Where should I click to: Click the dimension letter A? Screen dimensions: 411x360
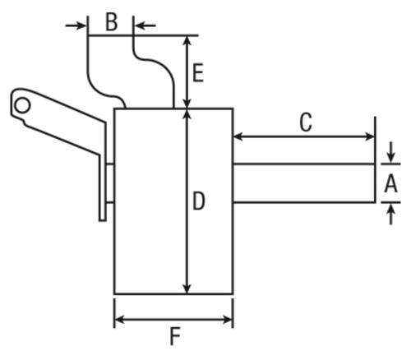click(x=390, y=183)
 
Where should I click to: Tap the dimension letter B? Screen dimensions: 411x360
click(x=112, y=22)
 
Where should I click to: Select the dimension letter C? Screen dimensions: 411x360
click(x=306, y=122)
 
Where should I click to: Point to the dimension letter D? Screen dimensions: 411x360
click(x=199, y=201)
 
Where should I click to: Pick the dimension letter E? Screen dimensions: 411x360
click(x=198, y=72)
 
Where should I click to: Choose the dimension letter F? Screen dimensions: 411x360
click(x=175, y=337)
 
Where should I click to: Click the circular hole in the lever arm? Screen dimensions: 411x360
click(x=22, y=105)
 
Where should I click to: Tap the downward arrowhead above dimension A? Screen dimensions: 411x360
click(x=391, y=158)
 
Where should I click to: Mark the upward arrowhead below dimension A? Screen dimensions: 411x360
click(x=391, y=209)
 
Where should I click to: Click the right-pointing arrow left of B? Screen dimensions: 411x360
click(x=76, y=25)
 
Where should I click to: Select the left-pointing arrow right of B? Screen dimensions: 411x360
click(x=145, y=25)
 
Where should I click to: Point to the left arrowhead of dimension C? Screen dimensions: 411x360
click(x=238, y=136)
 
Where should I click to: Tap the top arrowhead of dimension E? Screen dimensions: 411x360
click(x=187, y=41)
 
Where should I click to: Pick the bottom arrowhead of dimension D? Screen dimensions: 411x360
click(x=187, y=288)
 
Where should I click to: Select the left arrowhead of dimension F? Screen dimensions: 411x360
click(x=119, y=320)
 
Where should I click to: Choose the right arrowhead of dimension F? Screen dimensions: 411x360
click(x=228, y=320)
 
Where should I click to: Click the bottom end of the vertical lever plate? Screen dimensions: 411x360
click(x=103, y=220)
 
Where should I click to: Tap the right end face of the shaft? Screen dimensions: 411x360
click(x=375, y=183)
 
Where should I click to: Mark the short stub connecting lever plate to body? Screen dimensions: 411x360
click(x=110, y=183)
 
